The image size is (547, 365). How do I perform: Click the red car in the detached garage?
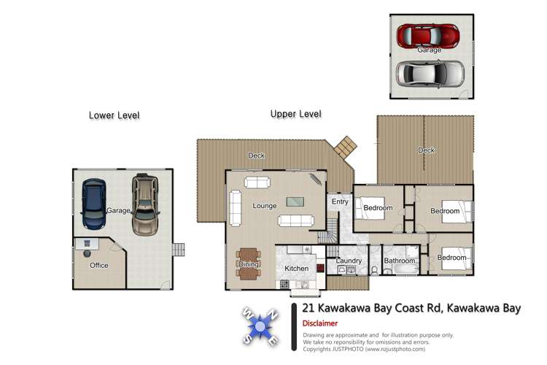427,35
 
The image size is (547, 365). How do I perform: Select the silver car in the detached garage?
430,74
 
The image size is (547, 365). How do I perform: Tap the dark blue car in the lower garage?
93,204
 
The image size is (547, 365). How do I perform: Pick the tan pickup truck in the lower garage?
145,204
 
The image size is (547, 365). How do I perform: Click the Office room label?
99,266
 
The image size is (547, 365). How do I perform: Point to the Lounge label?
265,206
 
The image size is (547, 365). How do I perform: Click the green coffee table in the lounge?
295,202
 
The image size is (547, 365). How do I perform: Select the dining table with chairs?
249,264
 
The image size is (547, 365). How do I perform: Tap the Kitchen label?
297,269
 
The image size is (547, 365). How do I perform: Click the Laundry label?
349,261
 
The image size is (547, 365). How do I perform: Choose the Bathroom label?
400,261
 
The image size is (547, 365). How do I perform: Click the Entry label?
340,202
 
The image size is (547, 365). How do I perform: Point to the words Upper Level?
296,114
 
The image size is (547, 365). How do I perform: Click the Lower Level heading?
114,115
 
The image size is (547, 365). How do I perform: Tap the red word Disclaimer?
320,323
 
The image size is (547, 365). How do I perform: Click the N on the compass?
273,315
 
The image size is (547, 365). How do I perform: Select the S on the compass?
247,339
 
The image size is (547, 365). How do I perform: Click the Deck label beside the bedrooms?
426,150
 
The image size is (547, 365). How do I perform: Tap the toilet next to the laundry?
375,269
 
